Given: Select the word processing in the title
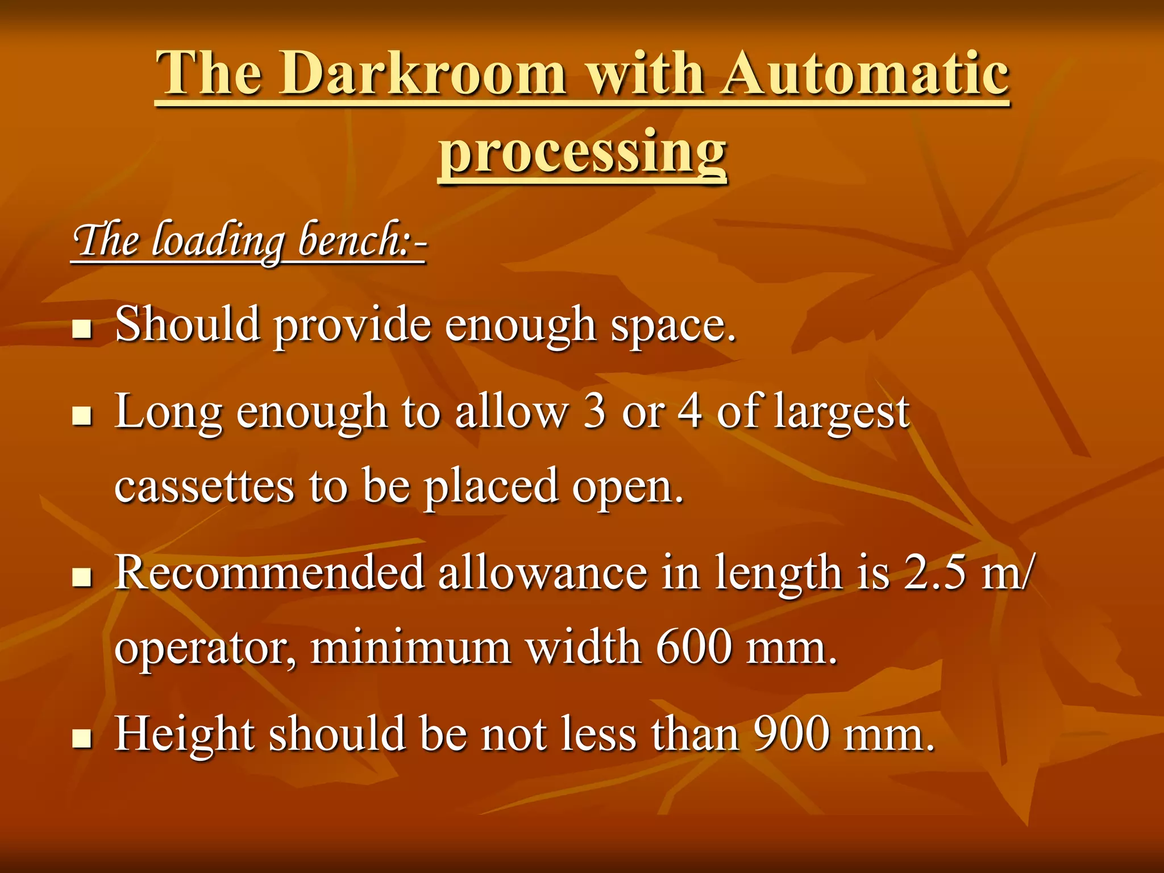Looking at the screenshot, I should pos(582,151).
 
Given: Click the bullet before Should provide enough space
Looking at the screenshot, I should pos(82,329).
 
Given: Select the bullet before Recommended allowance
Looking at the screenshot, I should pos(82,577).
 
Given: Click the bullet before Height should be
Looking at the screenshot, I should pos(82,738).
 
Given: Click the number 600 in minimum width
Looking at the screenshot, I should pos(693,647).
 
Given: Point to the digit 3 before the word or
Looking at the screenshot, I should pos(595,411).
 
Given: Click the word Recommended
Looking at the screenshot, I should pos(269,572).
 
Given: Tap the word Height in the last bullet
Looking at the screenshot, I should pos(184,735).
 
